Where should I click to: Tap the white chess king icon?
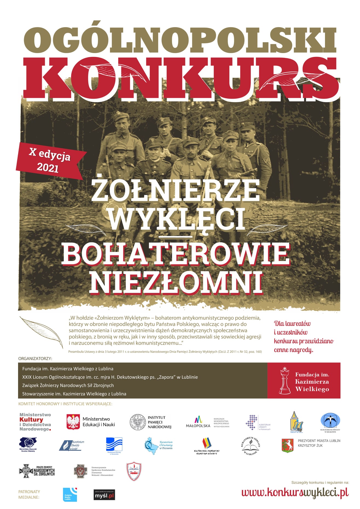point(285,381)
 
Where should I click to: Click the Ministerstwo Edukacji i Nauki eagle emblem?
point(73,421)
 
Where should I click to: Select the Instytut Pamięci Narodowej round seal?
point(138,422)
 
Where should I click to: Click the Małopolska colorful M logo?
point(198,420)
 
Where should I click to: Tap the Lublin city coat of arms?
point(287,445)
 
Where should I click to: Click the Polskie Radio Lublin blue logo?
point(70,495)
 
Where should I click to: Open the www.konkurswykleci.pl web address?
point(295,493)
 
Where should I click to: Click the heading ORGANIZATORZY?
point(35,358)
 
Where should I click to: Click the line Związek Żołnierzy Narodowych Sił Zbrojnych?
point(68,385)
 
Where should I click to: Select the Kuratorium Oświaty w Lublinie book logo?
point(250,446)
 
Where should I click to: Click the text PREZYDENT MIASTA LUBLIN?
point(319,441)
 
